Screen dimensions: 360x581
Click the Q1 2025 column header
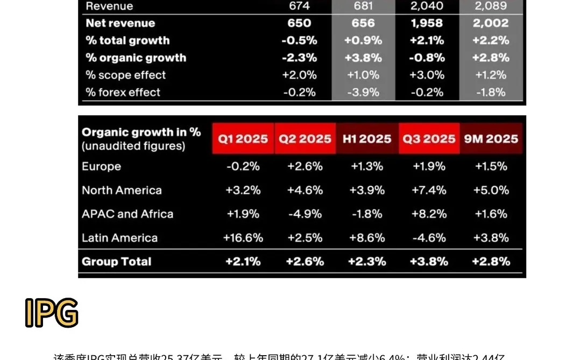point(243,139)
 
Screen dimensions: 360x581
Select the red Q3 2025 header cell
point(429,139)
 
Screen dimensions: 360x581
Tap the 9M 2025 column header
point(491,139)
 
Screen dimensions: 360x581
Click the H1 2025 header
point(367,139)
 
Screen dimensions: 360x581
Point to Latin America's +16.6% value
point(243,238)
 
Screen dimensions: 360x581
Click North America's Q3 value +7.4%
point(429,190)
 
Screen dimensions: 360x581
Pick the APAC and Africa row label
point(127,214)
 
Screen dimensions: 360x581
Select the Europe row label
point(101,167)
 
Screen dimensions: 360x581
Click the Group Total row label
point(116,262)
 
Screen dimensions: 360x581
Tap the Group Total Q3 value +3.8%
point(429,262)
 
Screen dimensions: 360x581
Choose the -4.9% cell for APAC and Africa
point(304,214)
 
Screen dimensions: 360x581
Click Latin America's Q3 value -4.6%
point(429,238)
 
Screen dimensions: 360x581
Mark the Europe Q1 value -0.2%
point(243,167)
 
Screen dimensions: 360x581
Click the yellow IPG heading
point(52,313)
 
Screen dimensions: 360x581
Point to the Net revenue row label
point(120,23)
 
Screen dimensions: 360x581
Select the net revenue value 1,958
point(427,23)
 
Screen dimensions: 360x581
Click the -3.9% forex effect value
point(363,93)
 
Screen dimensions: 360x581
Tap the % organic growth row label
point(136,58)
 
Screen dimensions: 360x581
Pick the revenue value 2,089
point(491,6)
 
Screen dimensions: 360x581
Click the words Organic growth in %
point(141,132)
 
